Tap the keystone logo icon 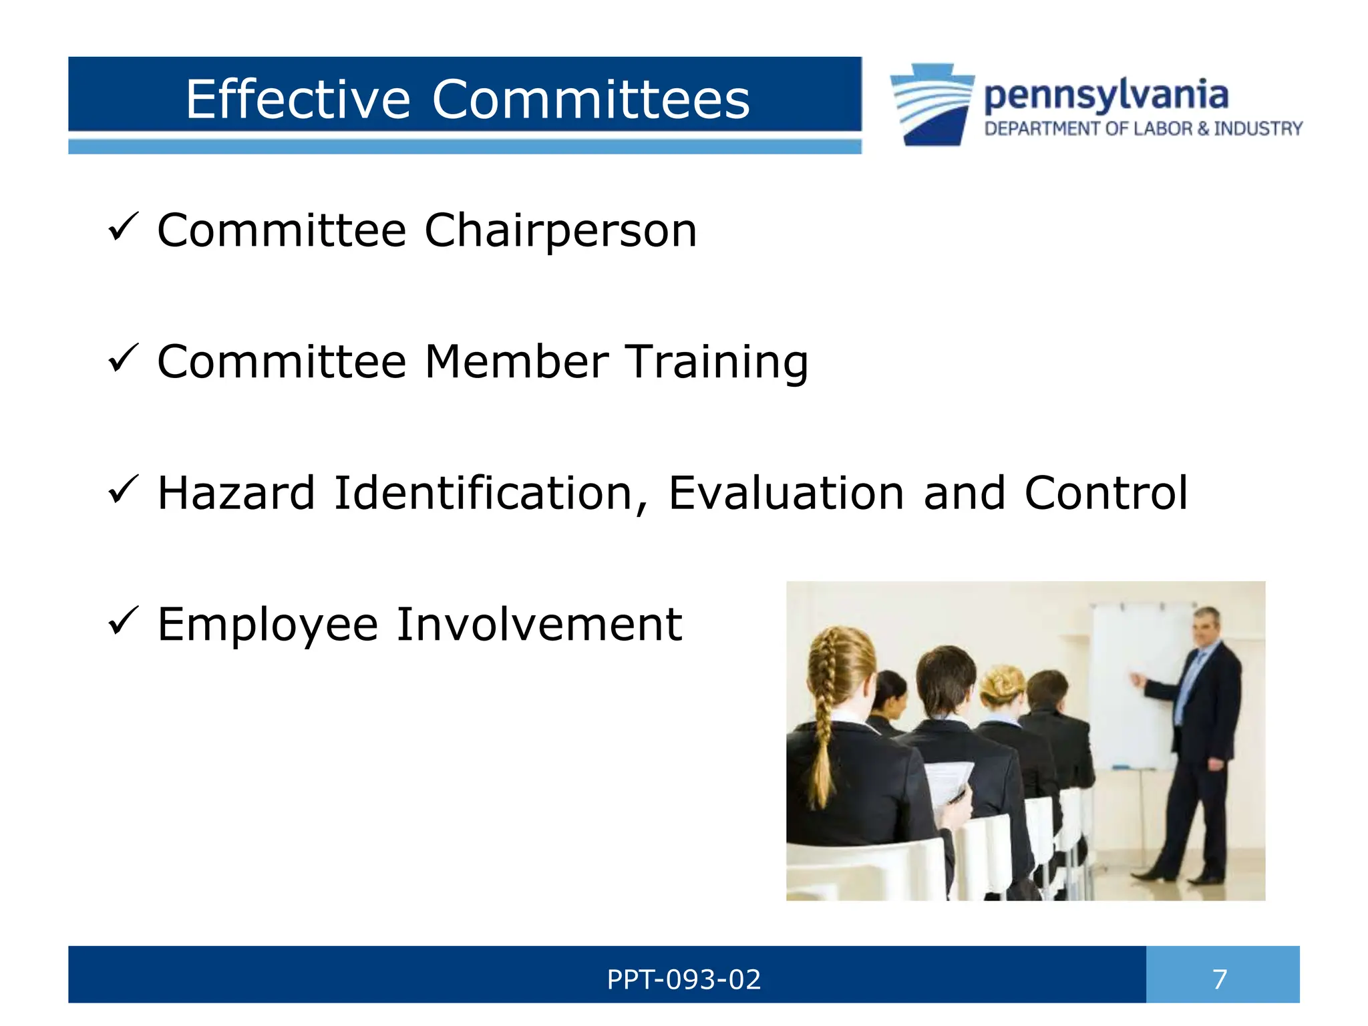tap(932, 104)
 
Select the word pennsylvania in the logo tap(1106, 96)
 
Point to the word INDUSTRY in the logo tap(1258, 128)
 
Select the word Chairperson tap(560, 230)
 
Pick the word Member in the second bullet tap(516, 362)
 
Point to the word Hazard tap(236, 493)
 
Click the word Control tap(1106, 493)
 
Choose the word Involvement tap(539, 625)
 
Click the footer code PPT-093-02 tap(683, 980)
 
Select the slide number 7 tap(1220, 980)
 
